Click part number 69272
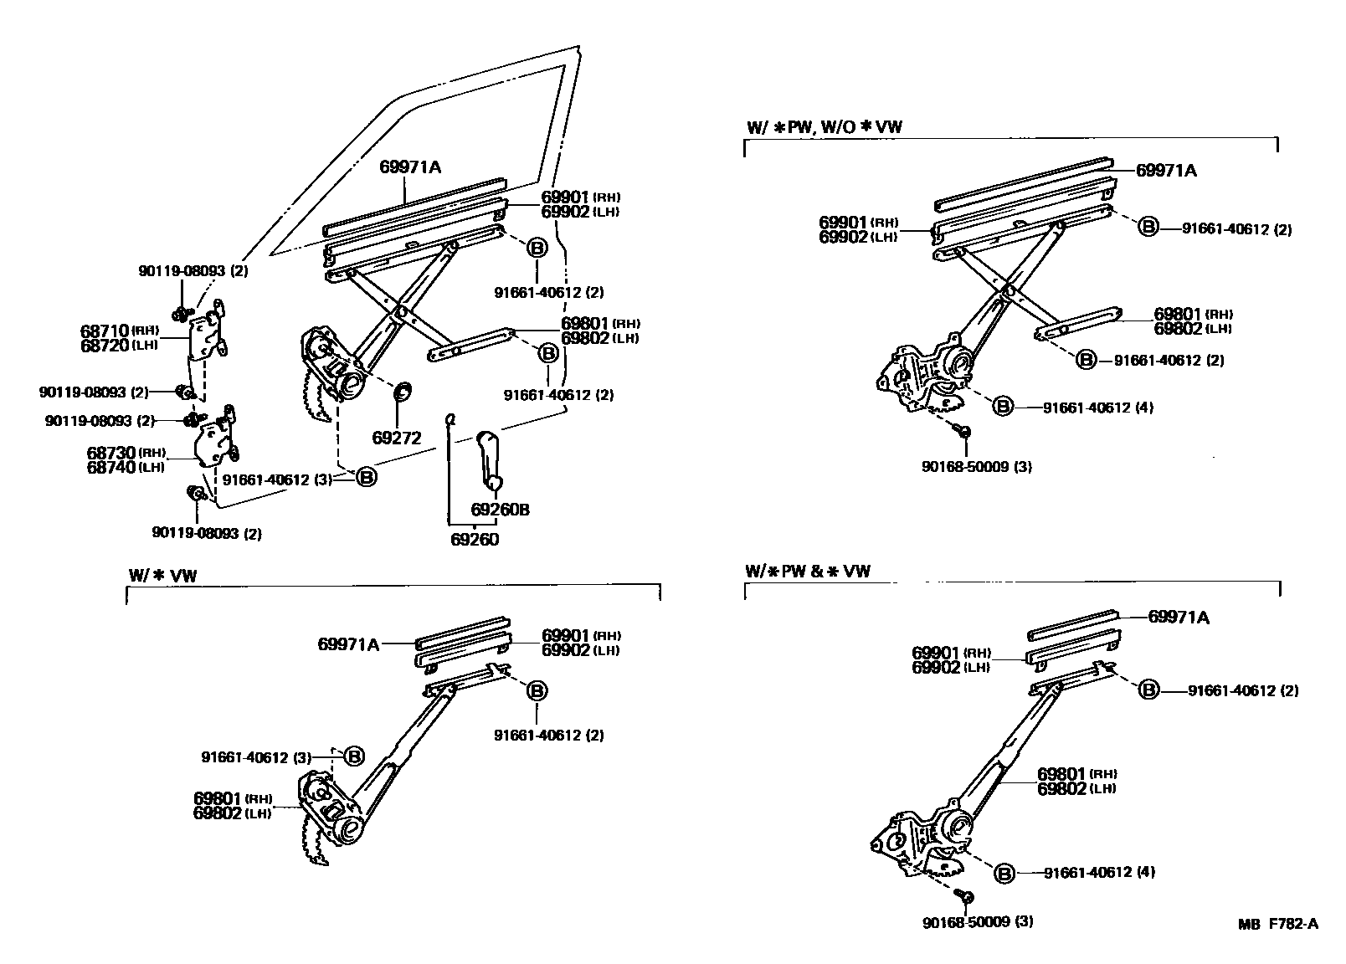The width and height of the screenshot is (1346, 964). (x=396, y=438)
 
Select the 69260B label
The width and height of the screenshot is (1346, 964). (x=500, y=510)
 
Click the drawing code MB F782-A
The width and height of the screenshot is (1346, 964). (x=1278, y=924)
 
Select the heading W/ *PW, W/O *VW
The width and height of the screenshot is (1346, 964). (x=825, y=126)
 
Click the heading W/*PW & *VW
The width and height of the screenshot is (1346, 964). (x=807, y=571)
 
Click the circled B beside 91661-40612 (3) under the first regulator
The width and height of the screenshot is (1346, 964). (x=367, y=477)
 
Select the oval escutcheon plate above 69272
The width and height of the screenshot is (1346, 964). (x=403, y=390)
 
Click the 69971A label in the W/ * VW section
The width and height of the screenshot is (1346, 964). (x=348, y=644)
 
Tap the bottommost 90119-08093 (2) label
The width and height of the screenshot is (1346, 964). (x=206, y=533)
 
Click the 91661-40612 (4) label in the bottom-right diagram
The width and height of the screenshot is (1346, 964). (x=1099, y=872)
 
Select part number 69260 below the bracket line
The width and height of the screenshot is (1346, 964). (x=474, y=539)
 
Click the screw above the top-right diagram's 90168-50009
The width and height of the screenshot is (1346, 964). (x=963, y=431)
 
